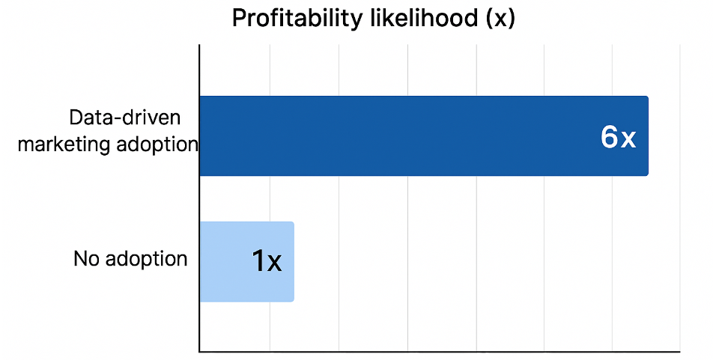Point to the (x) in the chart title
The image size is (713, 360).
pyautogui.click(x=500, y=18)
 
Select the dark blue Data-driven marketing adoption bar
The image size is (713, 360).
pyautogui.click(x=423, y=136)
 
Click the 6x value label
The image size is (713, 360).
pyautogui.click(x=618, y=137)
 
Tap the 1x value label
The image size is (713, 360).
pyautogui.click(x=266, y=261)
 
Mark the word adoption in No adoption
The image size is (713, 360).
pyautogui.click(x=146, y=259)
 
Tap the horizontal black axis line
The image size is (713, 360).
pyautogui.click(x=439, y=350)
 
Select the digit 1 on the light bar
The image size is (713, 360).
pyautogui.click(x=258, y=261)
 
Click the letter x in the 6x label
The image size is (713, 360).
pyautogui.click(x=628, y=138)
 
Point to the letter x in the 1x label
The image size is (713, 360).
pyautogui.click(x=274, y=263)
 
